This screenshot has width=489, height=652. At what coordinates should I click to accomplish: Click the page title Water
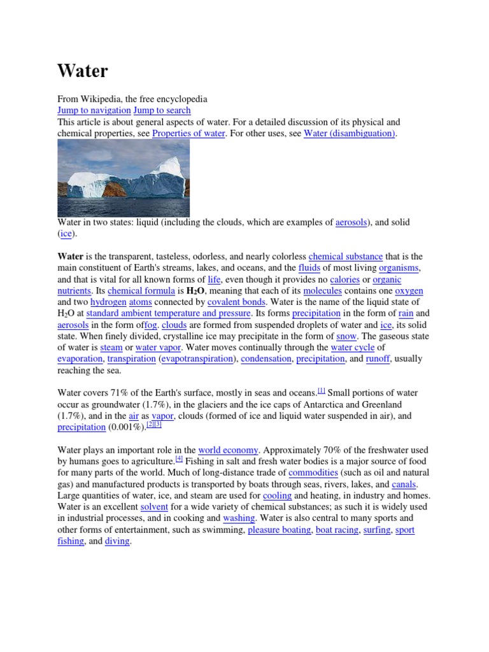(x=83, y=71)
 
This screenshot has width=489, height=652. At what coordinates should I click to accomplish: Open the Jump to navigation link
(x=94, y=110)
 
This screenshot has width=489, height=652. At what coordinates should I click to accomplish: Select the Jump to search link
(x=162, y=110)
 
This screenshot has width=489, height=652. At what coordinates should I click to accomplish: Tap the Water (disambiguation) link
(x=350, y=133)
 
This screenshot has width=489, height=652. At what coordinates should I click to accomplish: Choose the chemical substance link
(x=346, y=257)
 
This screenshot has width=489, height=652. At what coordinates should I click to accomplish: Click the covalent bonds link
(x=236, y=302)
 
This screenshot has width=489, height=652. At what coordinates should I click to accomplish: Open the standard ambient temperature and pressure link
(x=168, y=313)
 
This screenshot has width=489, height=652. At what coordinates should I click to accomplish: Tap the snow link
(x=346, y=336)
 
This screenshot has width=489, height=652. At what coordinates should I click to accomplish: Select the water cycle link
(x=353, y=347)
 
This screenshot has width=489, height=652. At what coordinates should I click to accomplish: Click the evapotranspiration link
(x=197, y=358)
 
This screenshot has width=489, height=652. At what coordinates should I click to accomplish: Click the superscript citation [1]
(x=321, y=390)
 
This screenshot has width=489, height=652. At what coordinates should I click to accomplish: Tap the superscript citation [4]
(x=179, y=458)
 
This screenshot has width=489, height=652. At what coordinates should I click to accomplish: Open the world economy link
(x=228, y=450)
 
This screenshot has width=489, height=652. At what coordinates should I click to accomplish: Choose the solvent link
(x=153, y=506)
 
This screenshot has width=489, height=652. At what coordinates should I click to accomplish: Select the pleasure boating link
(x=279, y=529)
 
